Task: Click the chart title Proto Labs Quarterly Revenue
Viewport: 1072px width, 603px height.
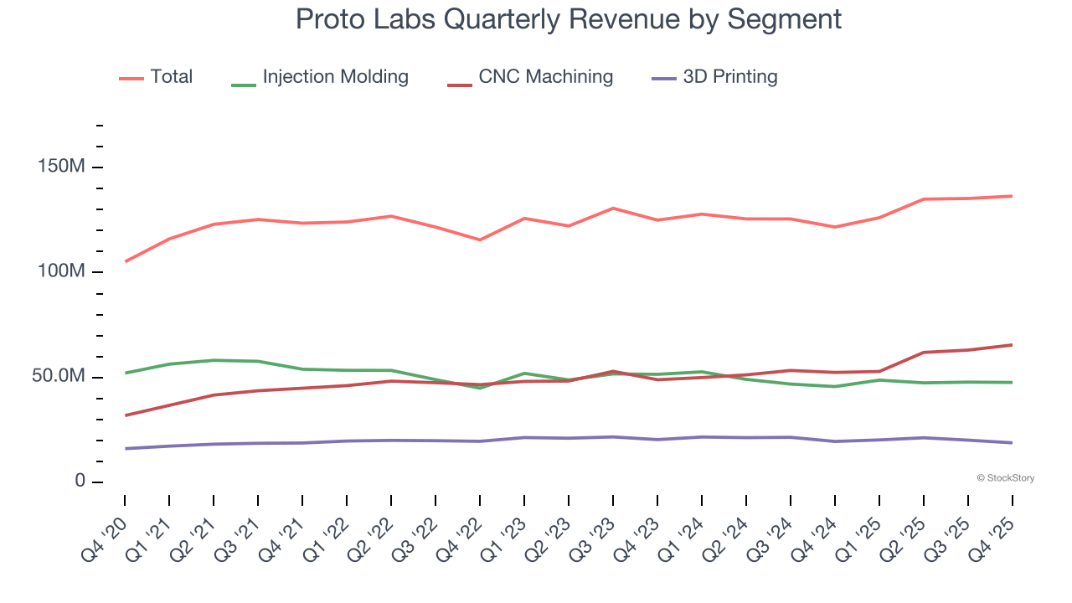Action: pyautogui.click(x=569, y=19)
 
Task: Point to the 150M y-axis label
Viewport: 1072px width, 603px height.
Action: pyautogui.click(x=61, y=167)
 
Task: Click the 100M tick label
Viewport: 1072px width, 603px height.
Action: pyautogui.click(x=61, y=272)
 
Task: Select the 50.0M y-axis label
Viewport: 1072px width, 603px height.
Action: pyautogui.click(x=59, y=377)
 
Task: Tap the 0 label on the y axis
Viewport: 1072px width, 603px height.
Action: pyautogui.click(x=80, y=482)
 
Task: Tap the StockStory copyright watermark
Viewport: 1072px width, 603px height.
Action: pyautogui.click(x=1005, y=478)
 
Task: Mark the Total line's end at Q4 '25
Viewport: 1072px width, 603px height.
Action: pyautogui.click(x=1013, y=196)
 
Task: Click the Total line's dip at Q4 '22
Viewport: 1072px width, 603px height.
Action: pyautogui.click(x=480, y=240)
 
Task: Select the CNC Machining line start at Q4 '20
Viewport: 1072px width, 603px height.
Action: pyautogui.click(x=126, y=415)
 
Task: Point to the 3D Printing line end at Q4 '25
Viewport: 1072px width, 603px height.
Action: pyautogui.click(x=1013, y=443)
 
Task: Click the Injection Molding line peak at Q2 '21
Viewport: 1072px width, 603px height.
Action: pyautogui.click(x=214, y=360)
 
